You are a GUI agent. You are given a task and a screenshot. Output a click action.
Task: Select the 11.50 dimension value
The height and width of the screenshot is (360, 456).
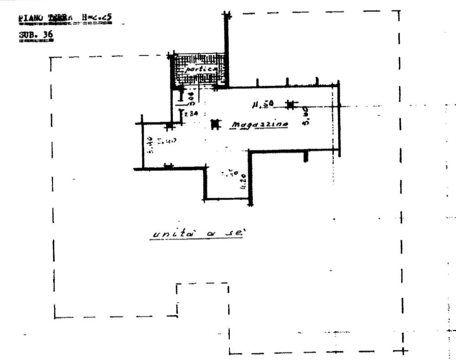pyautogui.click(x=263, y=105)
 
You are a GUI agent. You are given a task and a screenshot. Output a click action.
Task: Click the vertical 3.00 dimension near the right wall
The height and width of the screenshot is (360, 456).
pyautogui.click(x=306, y=118)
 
